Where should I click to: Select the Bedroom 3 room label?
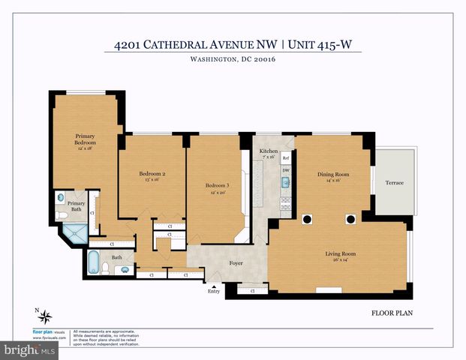tap(217, 185)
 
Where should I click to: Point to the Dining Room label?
tap(333, 175)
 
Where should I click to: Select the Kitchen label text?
tap(269, 151)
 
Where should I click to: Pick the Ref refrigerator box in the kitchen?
tap(286, 159)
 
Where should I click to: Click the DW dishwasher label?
tap(286, 172)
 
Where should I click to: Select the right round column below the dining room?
tap(350, 219)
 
